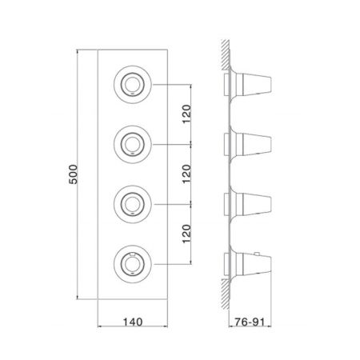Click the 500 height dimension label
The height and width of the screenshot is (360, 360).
click(x=73, y=174)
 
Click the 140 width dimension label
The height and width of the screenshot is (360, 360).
click(x=133, y=322)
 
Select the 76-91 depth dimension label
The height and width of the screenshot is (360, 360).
click(x=250, y=322)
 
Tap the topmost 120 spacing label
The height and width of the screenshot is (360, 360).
click(x=186, y=114)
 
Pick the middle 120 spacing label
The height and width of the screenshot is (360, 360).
click(x=186, y=174)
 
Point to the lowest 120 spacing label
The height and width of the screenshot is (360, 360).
click(x=186, y=234)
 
